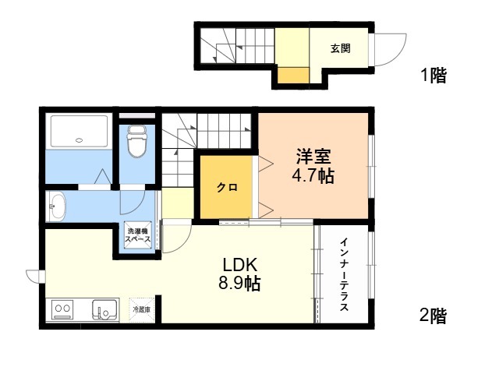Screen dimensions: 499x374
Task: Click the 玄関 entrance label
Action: [x=341, y=48]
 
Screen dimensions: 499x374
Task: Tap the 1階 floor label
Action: [x=434, y=76]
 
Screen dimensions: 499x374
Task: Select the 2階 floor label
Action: [x=433, y=316]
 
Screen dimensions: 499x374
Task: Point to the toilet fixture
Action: [x=137, y=142]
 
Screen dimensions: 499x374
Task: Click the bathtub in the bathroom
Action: [x=80, y=131]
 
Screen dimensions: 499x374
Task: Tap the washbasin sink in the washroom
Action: [x=56, y=206]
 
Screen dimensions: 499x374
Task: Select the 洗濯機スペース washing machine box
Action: [x=137, y=235]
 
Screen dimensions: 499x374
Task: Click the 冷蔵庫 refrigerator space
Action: [x=142, y=309]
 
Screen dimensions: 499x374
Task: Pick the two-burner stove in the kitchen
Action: [x=62, y=310]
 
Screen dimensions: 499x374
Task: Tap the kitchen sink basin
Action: [x=104, y=310]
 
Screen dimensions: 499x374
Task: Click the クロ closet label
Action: [x=227, y=187]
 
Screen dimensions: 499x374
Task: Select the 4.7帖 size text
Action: [x=313, y=175]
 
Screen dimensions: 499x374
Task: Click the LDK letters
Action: [x=239, y=265]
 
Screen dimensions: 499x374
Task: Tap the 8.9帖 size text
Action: [x=239, y=283]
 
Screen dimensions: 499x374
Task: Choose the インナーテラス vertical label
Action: [x=344, y=275]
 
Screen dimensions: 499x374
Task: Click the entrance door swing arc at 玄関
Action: [x=402, y=54]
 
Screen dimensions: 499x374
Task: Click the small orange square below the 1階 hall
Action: [x=293, y=75]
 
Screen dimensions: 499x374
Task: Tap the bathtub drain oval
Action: [x=80, y=140]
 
